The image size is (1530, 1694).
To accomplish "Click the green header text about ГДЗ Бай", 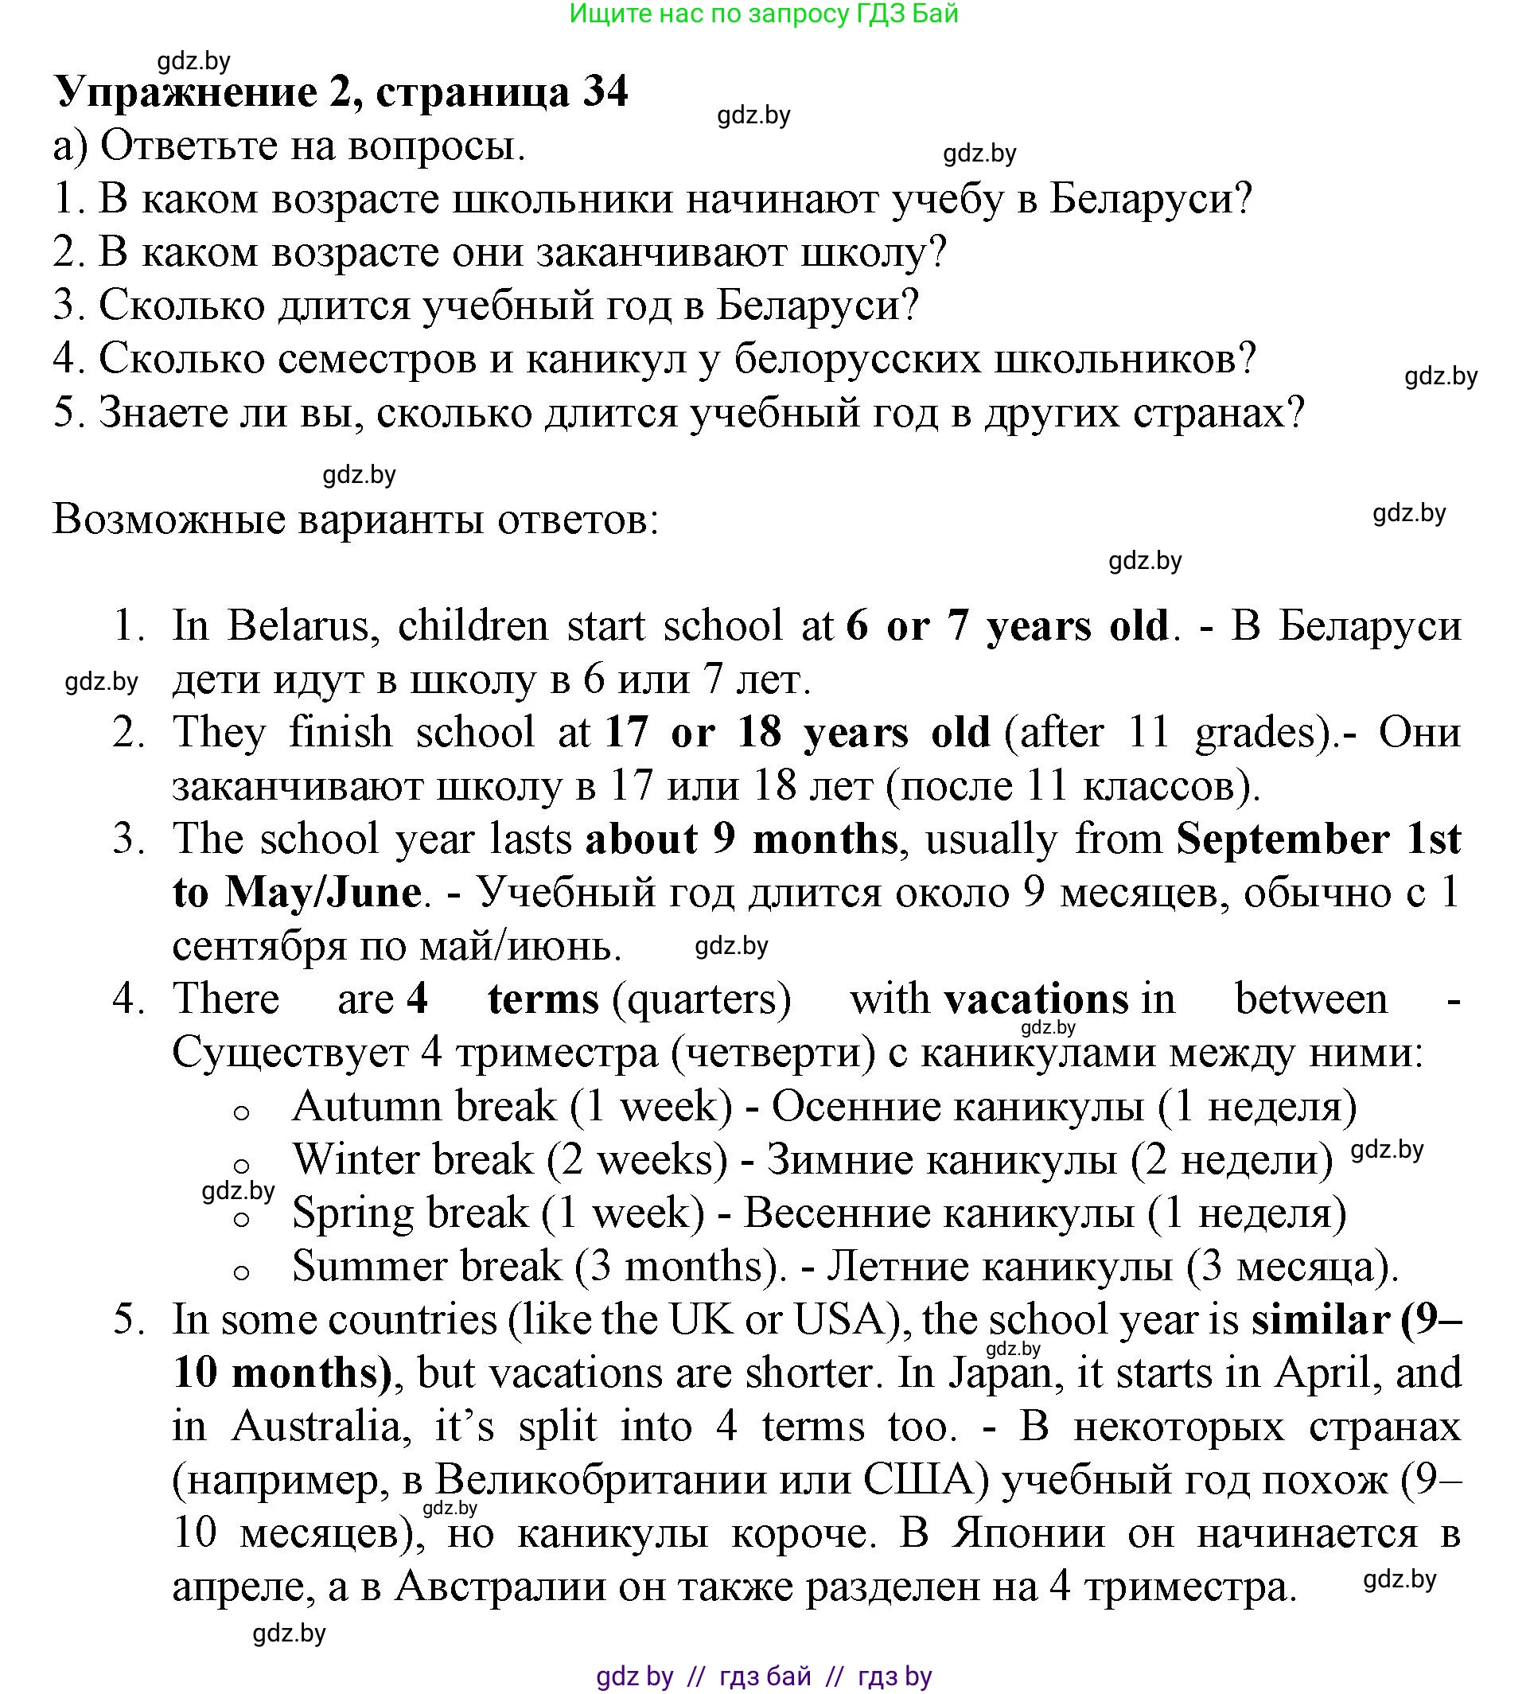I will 763,14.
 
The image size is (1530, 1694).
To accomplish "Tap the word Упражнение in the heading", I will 186,92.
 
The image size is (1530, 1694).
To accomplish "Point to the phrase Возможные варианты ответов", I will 356,520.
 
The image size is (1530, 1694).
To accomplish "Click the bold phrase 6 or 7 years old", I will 1007,627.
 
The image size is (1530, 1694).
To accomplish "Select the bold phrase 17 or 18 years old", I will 797,733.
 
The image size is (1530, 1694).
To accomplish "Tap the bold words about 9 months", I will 742,839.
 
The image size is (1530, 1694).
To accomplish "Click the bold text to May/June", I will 297,893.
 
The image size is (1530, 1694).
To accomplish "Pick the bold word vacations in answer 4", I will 1036,1000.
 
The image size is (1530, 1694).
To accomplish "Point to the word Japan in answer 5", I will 1000,1374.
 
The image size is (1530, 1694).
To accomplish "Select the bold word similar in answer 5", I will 1320,1321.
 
